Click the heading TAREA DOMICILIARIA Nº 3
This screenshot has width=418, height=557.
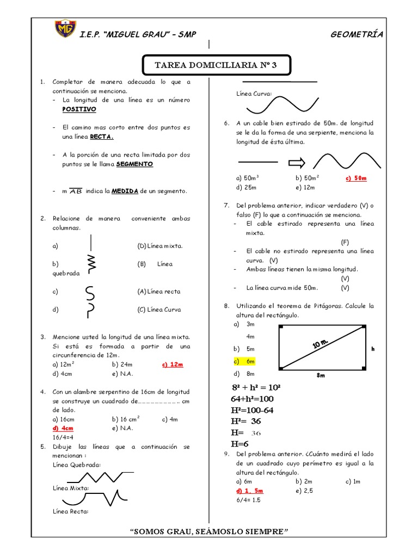coord(216,65)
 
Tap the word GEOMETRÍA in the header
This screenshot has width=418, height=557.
coord(356,34)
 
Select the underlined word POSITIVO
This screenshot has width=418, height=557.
coord(79,109)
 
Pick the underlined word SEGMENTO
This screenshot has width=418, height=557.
coord(134,164)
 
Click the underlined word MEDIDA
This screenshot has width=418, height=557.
coord(125,191)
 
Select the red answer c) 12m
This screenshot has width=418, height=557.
coord(172,364)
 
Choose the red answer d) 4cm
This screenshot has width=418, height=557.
coord(63,428)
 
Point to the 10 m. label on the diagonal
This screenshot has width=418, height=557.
coord(321,344)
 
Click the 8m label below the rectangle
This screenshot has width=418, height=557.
coord(321,375)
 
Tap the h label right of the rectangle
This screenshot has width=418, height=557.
coord(373,349)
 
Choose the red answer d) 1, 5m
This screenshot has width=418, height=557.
coord(250,491)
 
